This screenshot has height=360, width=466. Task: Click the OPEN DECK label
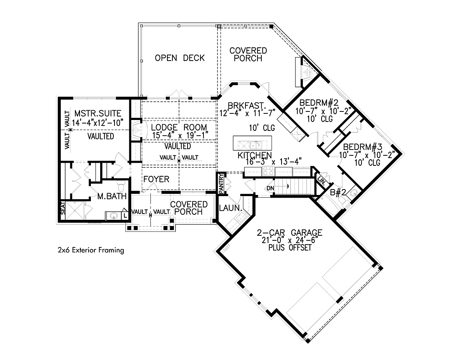coord(180,58)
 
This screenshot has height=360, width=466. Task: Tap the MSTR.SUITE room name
coord(98,113)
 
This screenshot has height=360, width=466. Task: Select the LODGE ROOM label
coord(179,127)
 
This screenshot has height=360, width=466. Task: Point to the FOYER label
coord(156,179)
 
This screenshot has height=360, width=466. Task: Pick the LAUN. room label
coord(231,208)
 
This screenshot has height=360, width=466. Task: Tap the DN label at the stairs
coord(270,188)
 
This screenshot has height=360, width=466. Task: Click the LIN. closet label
coord(322,181)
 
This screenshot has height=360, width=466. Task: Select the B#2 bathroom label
coord(338,193)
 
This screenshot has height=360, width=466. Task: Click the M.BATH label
coord(112,196)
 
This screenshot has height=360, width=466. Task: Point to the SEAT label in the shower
coord(63,208)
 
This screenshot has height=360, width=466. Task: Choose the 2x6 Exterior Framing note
coord(91,250)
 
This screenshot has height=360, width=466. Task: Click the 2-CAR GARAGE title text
coord(290,232)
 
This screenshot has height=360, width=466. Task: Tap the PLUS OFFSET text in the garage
coord(290,248)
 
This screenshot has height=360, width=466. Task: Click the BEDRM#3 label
coord(363,147)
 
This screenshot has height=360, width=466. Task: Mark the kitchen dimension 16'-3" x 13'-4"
coord(274,162)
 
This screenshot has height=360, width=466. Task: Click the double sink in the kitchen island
coord(256,145)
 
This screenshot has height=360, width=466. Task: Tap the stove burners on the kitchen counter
coord(268,172)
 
